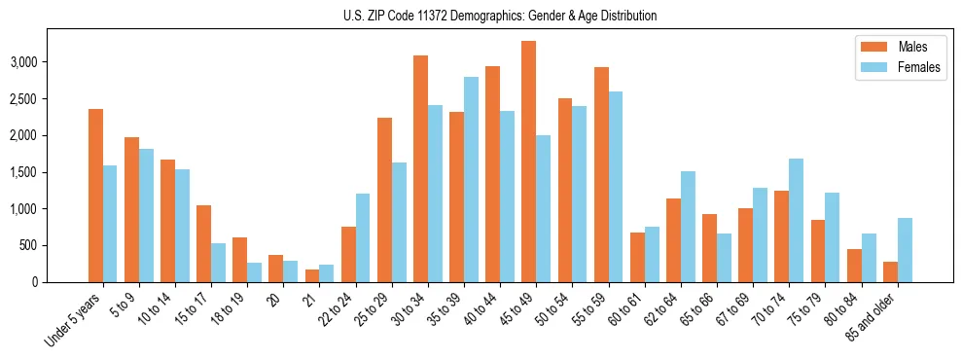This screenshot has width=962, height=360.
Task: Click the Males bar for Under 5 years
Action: click(x=95, y=196)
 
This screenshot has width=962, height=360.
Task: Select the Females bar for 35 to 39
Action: click(x=471, y=179)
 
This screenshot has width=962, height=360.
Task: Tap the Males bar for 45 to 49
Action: click(x=528, y=162)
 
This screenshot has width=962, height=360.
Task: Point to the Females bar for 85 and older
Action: click(x=904, y=250)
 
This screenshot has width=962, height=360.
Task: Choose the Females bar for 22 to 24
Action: click(x=362, y=237)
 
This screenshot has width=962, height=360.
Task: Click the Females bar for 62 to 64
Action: click(x=687, y=227)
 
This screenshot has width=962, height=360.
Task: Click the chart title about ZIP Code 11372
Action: click(x=500, y=16)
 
